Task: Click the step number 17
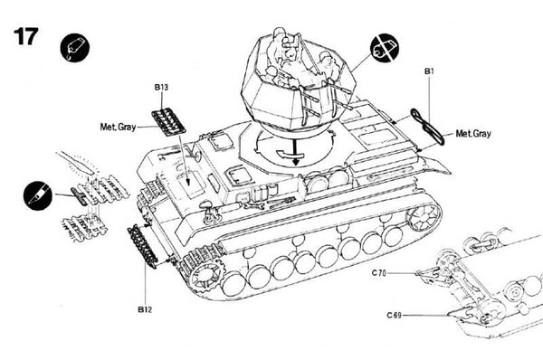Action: point(25,37)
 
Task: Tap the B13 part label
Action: point(161,87)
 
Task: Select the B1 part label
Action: point(428,70)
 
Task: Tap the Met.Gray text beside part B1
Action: point(473,134)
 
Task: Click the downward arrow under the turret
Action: point(295,153)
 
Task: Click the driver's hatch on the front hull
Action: point(194,178)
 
